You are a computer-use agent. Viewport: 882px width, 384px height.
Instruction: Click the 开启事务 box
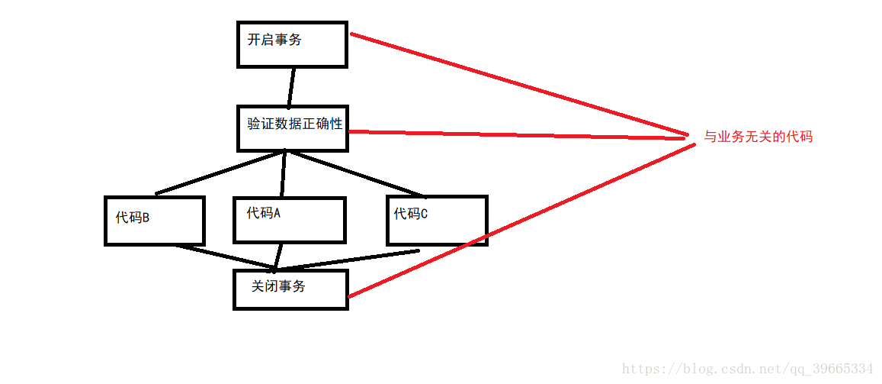pyautogui.click(x=292, y=45)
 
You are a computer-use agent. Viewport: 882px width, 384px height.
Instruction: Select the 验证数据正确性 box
pyautogui.click(x=293, y=128)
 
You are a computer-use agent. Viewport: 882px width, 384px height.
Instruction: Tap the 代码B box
pyautogui.click(x=155, y=221)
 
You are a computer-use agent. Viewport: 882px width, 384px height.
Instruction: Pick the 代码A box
pyautogui.click(x=290, y=220)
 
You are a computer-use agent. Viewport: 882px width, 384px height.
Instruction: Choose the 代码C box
pyautogui.click(x=437, y=220)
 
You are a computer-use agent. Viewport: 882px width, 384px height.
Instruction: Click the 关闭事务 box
pyautogui.click(x=290, y=289)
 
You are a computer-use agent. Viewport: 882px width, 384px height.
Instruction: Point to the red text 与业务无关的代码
pyautogui.click(x=758, y=137)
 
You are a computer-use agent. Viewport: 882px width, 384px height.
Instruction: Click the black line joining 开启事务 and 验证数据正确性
pyautogui.click(x=291, y=87)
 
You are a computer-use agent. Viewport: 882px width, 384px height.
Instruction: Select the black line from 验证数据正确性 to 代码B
pyautogui.click(x=221, y=173)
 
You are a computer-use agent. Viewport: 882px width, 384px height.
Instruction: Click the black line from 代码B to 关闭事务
pyautogui.click(x=225, y=257)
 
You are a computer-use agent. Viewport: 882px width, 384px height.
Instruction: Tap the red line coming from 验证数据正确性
pyautogui.click(x=518, y=135)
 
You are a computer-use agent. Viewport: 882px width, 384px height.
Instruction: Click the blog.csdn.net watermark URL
pyautogui.click(x=747, y=369)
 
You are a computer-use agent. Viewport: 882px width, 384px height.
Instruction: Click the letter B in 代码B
pyautogui.click(x=146, y=218)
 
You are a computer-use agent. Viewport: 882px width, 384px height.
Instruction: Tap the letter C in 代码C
pyautogui.click(x=424, y=215)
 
